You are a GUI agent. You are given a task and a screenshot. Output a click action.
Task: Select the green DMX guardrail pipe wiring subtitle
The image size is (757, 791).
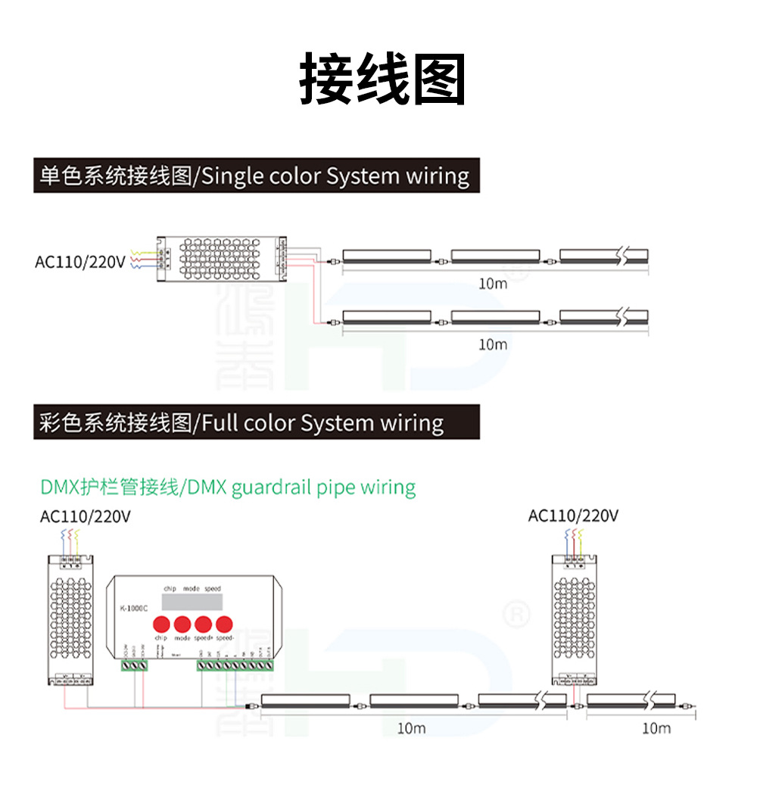(227, 487)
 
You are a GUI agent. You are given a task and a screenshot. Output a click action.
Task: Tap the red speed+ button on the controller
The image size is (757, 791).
(202, 624)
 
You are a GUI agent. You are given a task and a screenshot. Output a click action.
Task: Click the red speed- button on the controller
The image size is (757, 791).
(223, 624)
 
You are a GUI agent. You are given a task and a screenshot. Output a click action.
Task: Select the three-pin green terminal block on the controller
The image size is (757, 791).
(135, 666)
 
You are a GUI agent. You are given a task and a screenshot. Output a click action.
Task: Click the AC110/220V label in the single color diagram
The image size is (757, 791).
(79, 262)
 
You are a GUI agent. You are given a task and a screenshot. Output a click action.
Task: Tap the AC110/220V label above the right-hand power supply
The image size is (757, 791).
(573, 516)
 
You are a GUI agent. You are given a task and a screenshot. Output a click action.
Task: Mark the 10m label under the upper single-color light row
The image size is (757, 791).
(493, 284)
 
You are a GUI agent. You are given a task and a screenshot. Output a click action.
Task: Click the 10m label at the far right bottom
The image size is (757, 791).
(656, 728)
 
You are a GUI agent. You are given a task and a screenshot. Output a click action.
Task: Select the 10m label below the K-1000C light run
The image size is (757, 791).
(411, 728)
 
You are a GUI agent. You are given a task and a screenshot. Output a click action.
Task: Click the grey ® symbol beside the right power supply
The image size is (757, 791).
(516, 615)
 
